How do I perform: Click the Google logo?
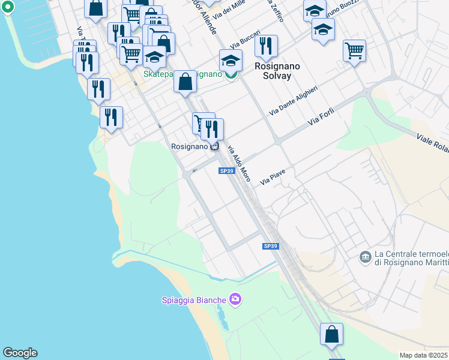(20, 353)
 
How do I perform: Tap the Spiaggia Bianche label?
(194, 300)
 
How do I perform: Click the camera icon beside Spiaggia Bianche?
(235, 299)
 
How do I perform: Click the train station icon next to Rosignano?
(215, 146)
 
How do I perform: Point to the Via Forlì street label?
(321, 117)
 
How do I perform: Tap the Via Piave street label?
(272, 176)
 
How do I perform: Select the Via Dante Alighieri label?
(293, 100)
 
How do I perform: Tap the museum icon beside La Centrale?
(365, 257)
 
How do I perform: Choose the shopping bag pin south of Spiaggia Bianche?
(331, 335)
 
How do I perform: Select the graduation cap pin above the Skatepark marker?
(230, 60)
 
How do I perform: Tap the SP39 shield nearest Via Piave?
(226, 171)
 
